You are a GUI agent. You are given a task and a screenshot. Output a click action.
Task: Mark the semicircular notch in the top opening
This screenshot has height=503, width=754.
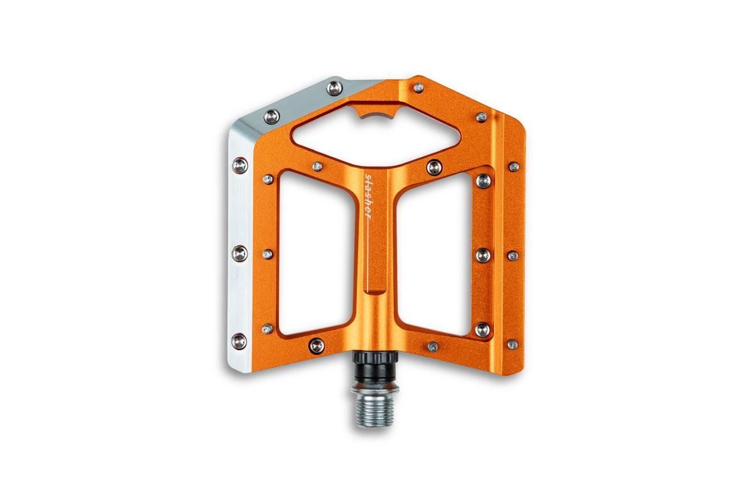coord(376,115)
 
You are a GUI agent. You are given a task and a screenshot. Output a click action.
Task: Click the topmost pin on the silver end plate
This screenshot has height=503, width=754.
coord(335,89)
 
